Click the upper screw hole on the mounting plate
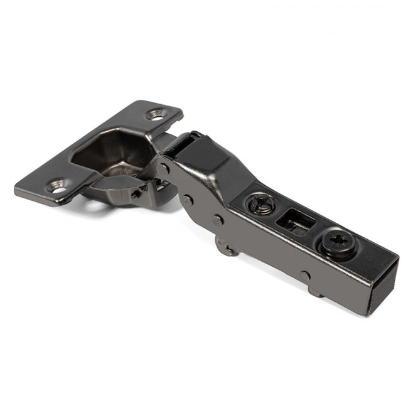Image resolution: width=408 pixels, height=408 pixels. tap(155, 114)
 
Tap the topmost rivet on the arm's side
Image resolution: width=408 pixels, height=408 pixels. tap(164, 168)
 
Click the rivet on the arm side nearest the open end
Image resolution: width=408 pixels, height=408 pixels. tap(304, 276)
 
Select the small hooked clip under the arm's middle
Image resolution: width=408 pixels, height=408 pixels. tap(227, 246)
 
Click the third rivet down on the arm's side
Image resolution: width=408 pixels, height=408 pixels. tap(217, 220)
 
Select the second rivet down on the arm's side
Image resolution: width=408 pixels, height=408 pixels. tap(188, 200)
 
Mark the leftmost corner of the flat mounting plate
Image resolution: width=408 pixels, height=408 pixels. tap(16, 188)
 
